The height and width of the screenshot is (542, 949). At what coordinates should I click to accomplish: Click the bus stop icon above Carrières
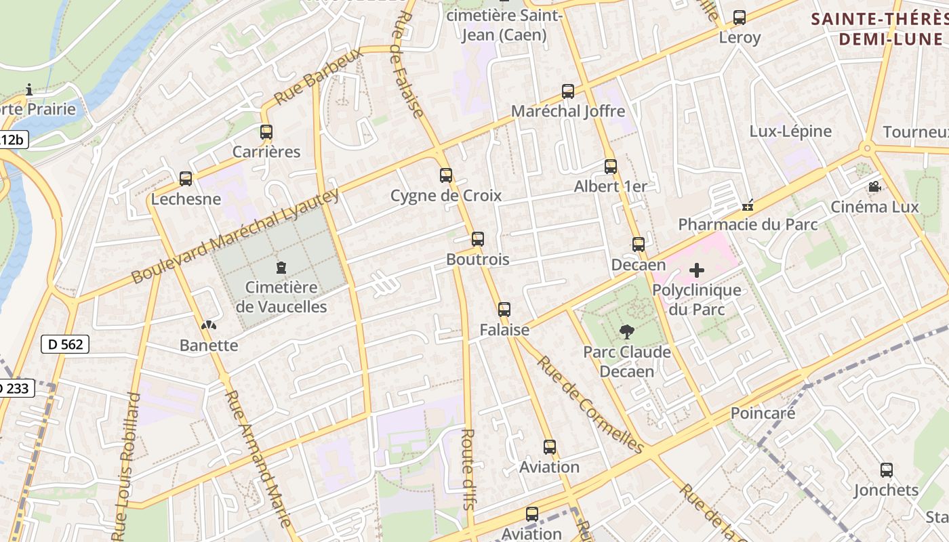(266, 132)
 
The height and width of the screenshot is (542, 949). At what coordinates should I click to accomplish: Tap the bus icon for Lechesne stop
(186, 179)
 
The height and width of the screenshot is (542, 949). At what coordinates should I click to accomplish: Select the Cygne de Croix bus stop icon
(446, 175)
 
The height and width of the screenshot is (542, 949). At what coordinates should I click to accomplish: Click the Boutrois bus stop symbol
(478, 238)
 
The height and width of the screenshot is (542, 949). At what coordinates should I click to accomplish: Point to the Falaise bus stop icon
(504, 310)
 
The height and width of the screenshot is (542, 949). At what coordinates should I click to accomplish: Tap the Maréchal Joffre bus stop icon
(568, 91)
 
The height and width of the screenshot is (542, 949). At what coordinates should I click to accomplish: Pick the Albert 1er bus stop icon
(611, 166)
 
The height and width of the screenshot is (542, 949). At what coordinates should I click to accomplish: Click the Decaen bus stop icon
(639, 245)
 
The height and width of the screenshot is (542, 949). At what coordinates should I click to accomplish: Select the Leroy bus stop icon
(740, 18)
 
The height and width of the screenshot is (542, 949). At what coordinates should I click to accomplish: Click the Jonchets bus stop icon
(886, 470)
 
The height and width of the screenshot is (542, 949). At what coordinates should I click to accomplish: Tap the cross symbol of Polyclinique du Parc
(697, 271)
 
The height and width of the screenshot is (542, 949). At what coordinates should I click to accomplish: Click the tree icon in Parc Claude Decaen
(627, 332)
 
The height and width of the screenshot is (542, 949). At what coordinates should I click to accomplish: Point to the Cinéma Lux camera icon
(874, 187)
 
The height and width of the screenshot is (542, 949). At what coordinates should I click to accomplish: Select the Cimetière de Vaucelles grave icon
(282, 268)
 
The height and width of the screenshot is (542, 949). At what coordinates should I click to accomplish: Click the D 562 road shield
(66, 344)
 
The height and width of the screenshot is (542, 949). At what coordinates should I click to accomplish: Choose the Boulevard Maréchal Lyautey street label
(234, 236)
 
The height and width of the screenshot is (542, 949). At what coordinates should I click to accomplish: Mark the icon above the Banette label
(209, 325)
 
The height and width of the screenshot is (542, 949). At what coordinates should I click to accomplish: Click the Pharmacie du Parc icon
(748, 205)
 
